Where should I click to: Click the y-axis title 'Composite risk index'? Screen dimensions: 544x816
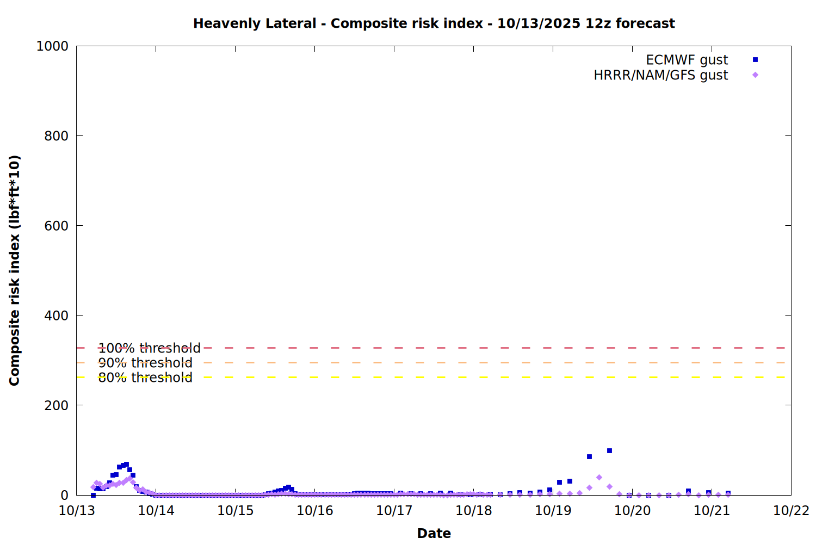15,270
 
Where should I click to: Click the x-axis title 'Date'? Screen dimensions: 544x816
434,533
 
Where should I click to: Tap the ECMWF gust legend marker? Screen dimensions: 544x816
755,60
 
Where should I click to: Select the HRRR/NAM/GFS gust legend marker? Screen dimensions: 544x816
755,75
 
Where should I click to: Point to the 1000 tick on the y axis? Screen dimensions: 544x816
52,46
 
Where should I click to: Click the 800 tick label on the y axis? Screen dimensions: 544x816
56,136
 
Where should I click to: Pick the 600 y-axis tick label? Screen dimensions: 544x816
56,226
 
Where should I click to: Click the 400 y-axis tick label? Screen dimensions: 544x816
56,316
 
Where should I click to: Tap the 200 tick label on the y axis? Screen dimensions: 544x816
56,405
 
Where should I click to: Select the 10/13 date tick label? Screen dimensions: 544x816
77,510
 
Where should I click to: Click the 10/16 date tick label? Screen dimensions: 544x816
315,510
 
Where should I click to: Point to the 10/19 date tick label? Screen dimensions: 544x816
553,510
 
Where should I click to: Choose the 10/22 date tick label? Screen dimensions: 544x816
791,510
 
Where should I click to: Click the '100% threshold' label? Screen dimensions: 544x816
149,348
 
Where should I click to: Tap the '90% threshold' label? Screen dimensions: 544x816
145,363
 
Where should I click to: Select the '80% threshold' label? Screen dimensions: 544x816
145,378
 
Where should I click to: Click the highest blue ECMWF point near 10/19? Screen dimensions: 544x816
609,450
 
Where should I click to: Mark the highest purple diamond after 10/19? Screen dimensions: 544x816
599,477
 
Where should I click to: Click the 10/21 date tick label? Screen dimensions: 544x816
712,510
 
